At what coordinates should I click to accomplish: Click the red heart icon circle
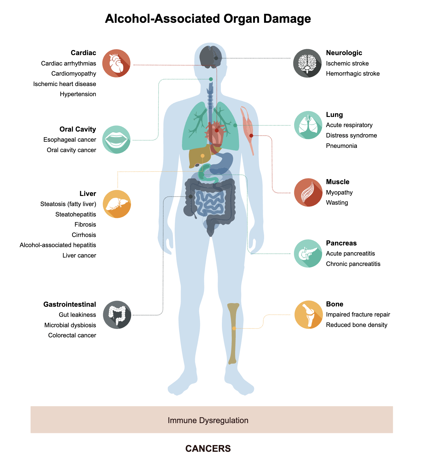point(116,63)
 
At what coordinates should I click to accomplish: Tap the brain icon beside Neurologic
point(307,63)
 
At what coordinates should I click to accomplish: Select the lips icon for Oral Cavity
point(116,139)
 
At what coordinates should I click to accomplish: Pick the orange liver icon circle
point(117,204)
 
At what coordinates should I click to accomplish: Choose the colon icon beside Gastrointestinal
point(117,315)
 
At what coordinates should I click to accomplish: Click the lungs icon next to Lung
point(308,125)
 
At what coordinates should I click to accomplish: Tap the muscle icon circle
point(308,193)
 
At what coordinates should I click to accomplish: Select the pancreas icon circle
point(308,254)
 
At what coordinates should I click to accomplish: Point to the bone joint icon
point(309,315)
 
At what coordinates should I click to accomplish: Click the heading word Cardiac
point(83,53)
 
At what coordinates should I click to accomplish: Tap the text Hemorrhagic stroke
point(353,74)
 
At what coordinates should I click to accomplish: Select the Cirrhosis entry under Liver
point(84,235)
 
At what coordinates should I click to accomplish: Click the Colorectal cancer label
point(72,335)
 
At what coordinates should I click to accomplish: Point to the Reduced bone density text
point(357,325)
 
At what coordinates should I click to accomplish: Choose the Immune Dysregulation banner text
point(208,420)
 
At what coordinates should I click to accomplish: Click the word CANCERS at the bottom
point(208,448)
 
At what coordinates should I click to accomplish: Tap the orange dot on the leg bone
point(234,328)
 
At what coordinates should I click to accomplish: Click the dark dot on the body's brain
point(216,58)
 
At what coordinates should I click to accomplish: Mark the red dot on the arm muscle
point(251,136)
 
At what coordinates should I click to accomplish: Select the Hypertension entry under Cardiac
point(78,94)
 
